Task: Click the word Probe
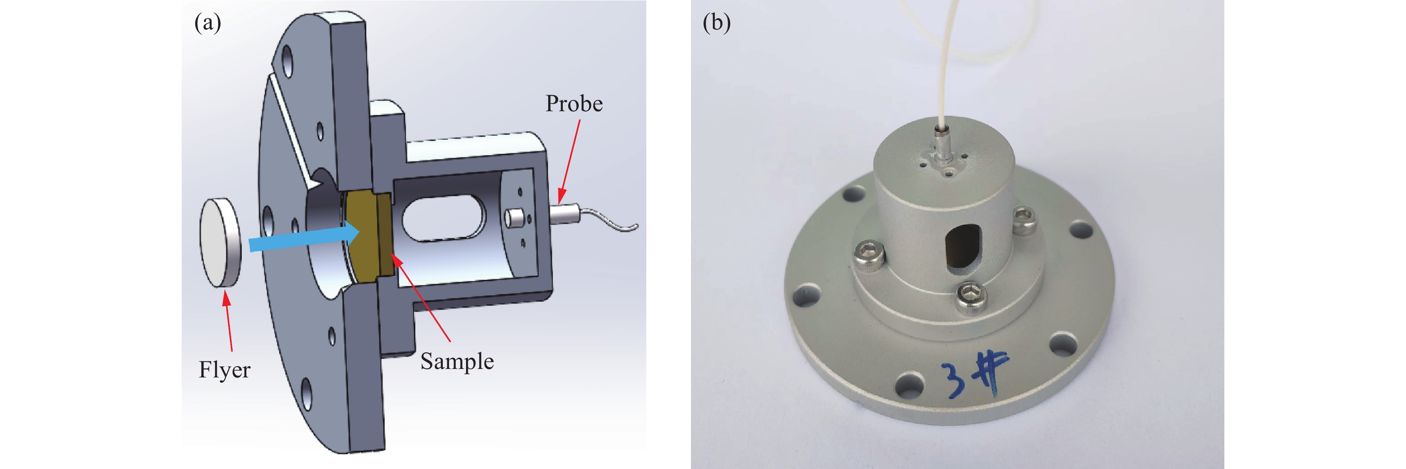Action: point(574,104)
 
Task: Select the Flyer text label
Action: point(225,370)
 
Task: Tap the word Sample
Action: point(457,361)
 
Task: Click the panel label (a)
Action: point(208,23)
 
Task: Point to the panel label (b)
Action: point(716,23)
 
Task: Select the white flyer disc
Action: point(220,242)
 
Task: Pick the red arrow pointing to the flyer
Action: point(228,322)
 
